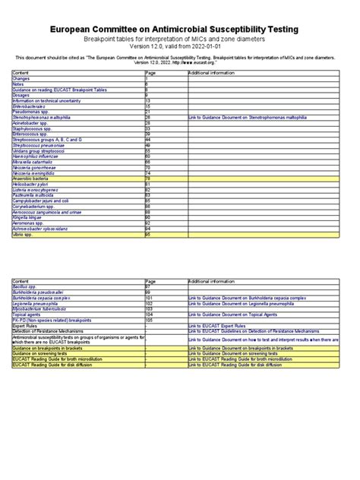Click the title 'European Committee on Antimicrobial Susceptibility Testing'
point(179,28)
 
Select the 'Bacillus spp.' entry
point(26,286)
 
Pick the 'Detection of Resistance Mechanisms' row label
point(47,330)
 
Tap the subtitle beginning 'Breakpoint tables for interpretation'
point(179,38)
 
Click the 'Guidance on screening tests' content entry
point(42,353)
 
